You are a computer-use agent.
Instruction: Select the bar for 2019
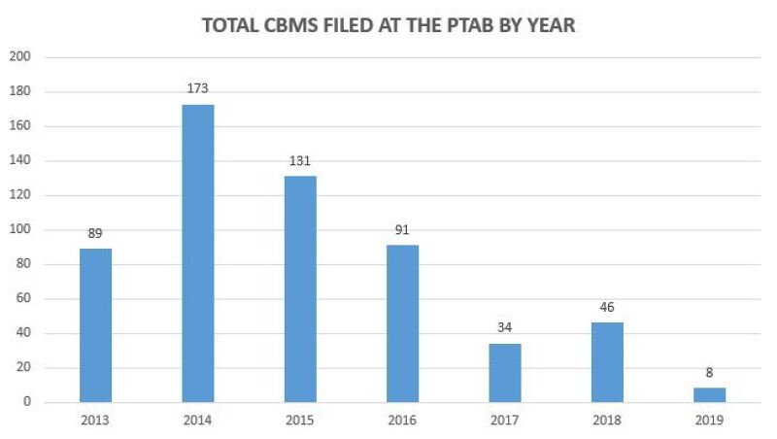pos(709,394)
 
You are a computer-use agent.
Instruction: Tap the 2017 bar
pos(505,372)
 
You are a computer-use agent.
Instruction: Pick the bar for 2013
pos(95,324)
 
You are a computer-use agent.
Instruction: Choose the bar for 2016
pos(402,322)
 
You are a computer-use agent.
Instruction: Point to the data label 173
pos(198,89)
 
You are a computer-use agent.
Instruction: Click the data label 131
pos(300,161)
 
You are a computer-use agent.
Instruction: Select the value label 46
pos(607,308)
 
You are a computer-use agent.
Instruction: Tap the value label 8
pos(709,373)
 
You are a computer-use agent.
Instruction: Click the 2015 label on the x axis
pos(300,422)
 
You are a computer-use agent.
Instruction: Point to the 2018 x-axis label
pos(607,422)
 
